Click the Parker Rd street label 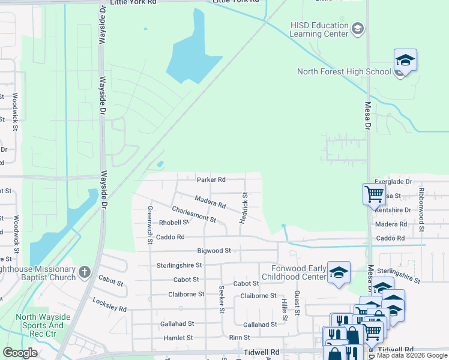[211, 179]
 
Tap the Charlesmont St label [193, 214]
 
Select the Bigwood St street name [214, 250]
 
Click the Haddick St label [244, 208]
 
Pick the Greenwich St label [150, 226]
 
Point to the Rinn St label [239, 338]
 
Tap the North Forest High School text [344, 72]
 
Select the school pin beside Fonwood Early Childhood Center [339, 272]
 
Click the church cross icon [85, 273]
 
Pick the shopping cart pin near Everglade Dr [374, 194]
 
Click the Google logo [20, 353]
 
